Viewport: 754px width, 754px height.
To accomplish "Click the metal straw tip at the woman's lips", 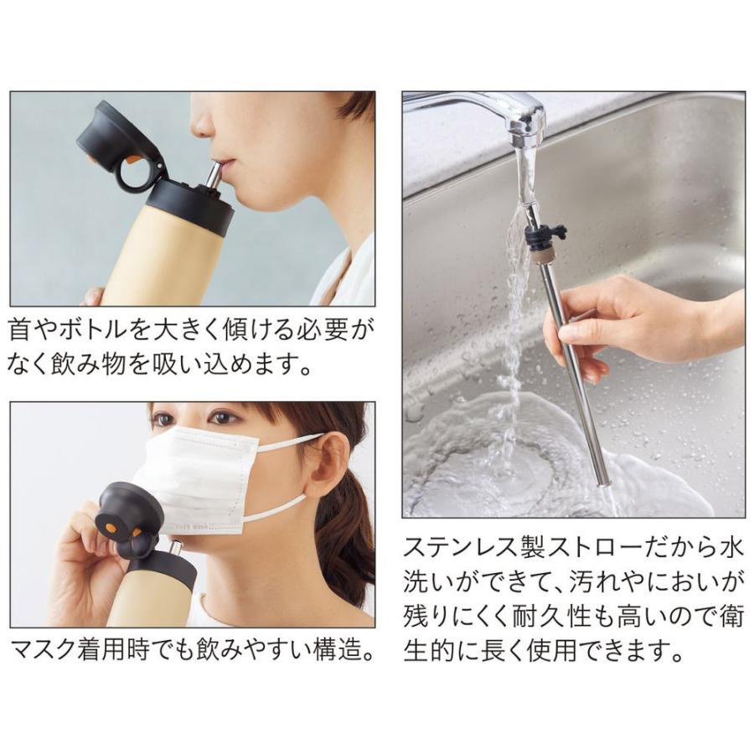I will point(214,172).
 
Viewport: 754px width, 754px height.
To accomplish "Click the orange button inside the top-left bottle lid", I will point(134,157).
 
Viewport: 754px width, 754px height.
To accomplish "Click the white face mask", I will point(197,478).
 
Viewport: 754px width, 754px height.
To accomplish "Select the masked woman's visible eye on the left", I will point(164,419).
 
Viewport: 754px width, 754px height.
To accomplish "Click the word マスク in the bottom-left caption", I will point(42,650).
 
